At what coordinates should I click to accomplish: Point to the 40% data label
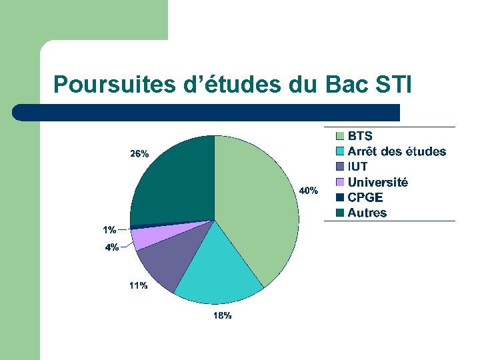[308, 191]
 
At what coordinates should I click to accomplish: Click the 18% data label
[222, 315]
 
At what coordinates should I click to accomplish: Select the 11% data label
[138, 286]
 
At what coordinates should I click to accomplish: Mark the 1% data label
[109, 230]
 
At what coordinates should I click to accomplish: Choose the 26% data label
[139, 154]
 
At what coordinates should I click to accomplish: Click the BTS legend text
[360, 136]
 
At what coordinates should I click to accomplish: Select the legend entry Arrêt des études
[397, 152]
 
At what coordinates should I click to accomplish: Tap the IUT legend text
[357, 167]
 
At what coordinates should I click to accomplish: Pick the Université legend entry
[377, 182]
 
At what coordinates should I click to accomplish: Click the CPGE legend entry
[365, 197]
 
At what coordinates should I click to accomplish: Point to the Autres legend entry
[367, 213]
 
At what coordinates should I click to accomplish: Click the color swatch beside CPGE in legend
[339, 197]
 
